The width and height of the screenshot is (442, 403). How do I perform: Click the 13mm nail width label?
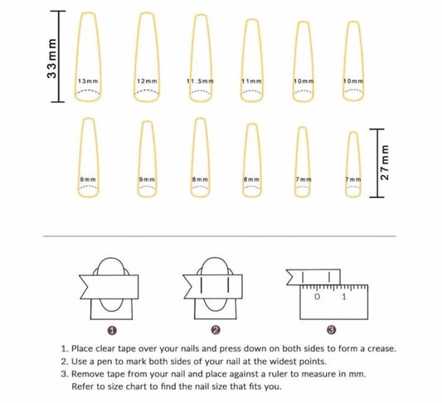pyautogui.click(x=88, y=81)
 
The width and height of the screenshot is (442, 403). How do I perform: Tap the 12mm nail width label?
pyautogui.click(x=147, y=81)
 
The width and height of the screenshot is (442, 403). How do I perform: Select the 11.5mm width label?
pyautogui.click(x=200, y=81)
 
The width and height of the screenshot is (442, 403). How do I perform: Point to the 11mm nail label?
pyautogui.click(x=251, y=81)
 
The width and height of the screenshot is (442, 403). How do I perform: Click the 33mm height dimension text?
pyautogui.click(x=52, y=58)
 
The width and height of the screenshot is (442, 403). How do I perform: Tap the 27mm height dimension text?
pyautogui.click(x=385, y=163)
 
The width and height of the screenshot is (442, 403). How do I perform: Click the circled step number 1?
pyautogui.click(x=112, y=330)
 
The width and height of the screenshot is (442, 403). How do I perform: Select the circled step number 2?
pyautogui.click(x=216, y=330)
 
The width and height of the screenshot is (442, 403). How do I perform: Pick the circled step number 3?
pyautogui.click(x=331, y=329)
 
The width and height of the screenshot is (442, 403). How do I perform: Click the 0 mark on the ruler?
pyautogui.click(x=317, y=297)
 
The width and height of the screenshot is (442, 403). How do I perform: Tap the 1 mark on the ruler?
pyautogui.click(x=344, y=297)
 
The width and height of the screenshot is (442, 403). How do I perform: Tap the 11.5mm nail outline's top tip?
pyautogui.click(x=201, y=14)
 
